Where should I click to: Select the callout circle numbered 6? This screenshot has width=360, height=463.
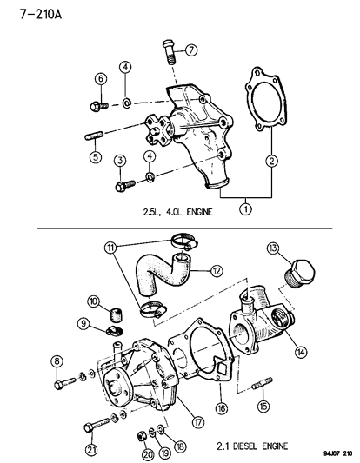coord(100,79)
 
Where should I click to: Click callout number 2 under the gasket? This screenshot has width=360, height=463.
coord(271,160)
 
